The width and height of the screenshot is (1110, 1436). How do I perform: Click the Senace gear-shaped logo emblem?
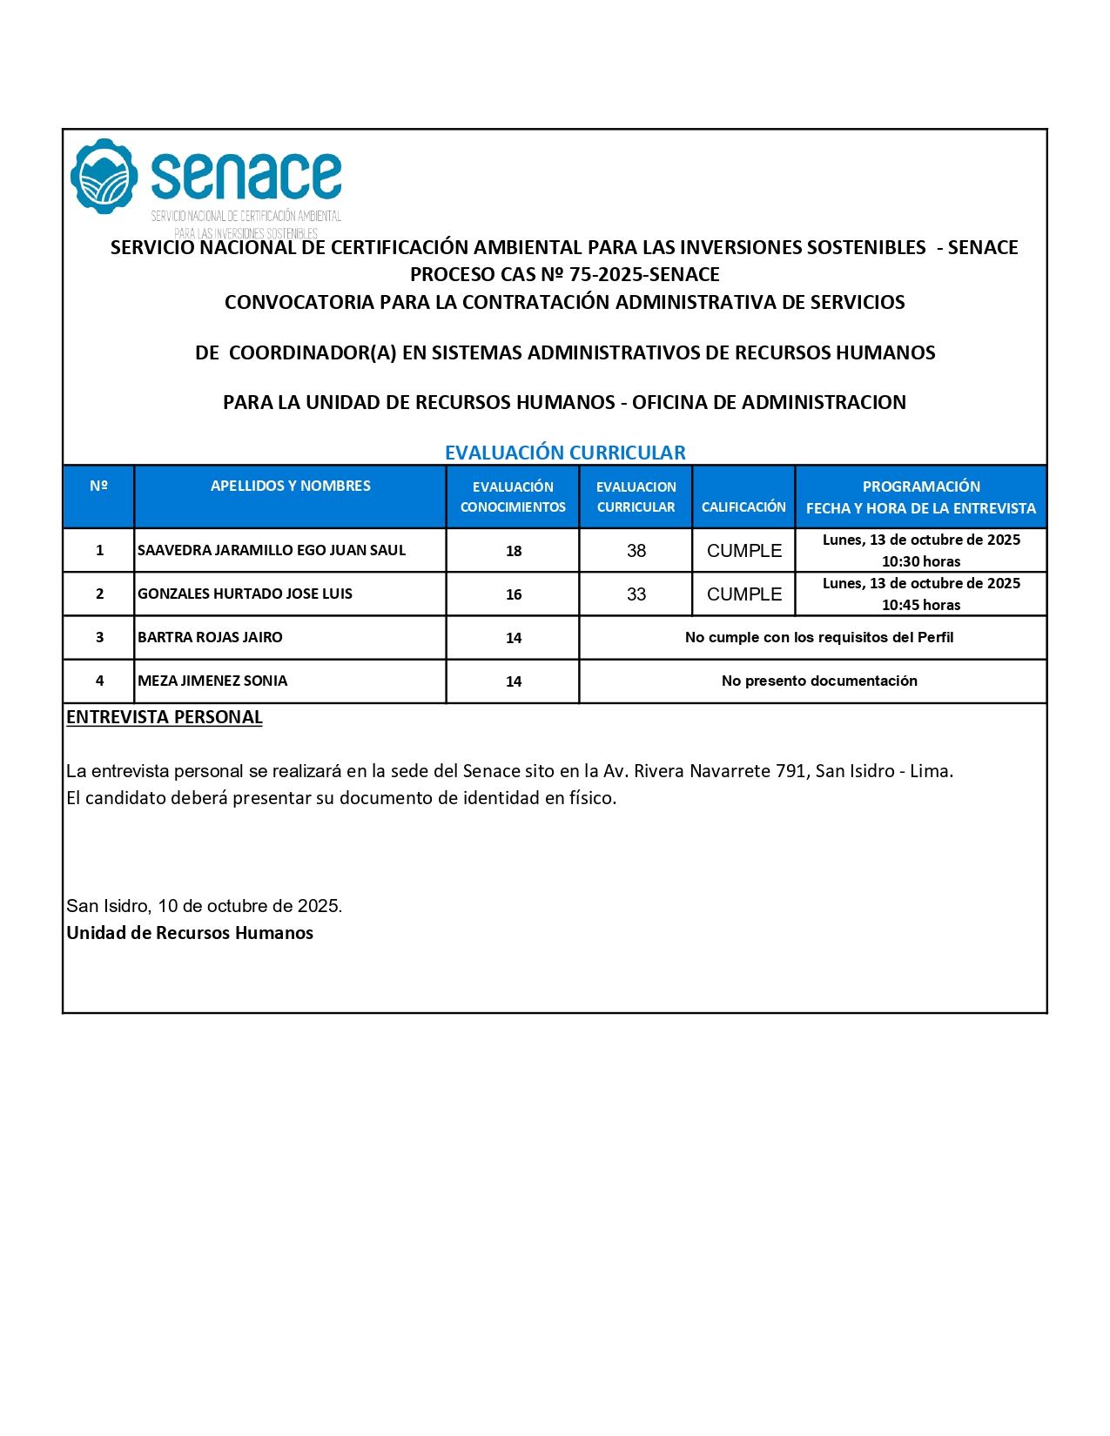click(104, 176)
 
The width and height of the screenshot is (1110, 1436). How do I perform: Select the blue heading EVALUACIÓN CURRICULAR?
click(565, 453)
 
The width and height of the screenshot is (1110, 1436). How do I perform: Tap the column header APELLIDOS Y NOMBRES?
click(290, 486)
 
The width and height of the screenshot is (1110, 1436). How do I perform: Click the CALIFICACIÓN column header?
click(743, 507)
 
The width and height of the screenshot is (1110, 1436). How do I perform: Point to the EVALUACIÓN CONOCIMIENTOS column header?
click(513, 496)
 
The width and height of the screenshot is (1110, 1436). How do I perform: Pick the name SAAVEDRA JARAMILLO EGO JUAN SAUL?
click(272, 550)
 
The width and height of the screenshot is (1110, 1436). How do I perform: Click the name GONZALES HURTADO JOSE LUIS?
click(245, 594)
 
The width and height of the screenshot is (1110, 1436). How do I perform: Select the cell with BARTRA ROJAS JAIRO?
click(210, 637)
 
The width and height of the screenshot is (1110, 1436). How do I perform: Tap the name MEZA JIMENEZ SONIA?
click(212, 681)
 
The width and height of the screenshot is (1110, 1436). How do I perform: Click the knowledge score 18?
click(514, 551)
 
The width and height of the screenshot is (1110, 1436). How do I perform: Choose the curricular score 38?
click(636, 551)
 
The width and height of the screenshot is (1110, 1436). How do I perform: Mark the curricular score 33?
click(636, 594)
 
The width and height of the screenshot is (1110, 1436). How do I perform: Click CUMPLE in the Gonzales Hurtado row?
click(744, 594)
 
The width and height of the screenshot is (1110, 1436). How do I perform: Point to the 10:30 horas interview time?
click(921, 561)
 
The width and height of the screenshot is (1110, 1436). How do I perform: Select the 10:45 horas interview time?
click(921, 605)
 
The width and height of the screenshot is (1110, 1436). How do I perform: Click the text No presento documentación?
click(819, 681)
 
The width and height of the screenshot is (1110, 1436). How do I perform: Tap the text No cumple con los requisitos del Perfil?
click(819, 637)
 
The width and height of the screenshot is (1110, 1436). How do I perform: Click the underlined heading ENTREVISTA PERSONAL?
click(165, 717)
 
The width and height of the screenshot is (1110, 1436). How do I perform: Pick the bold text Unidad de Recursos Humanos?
click(190, 933)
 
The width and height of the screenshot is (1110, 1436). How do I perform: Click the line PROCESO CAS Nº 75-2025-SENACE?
click(565, 274)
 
